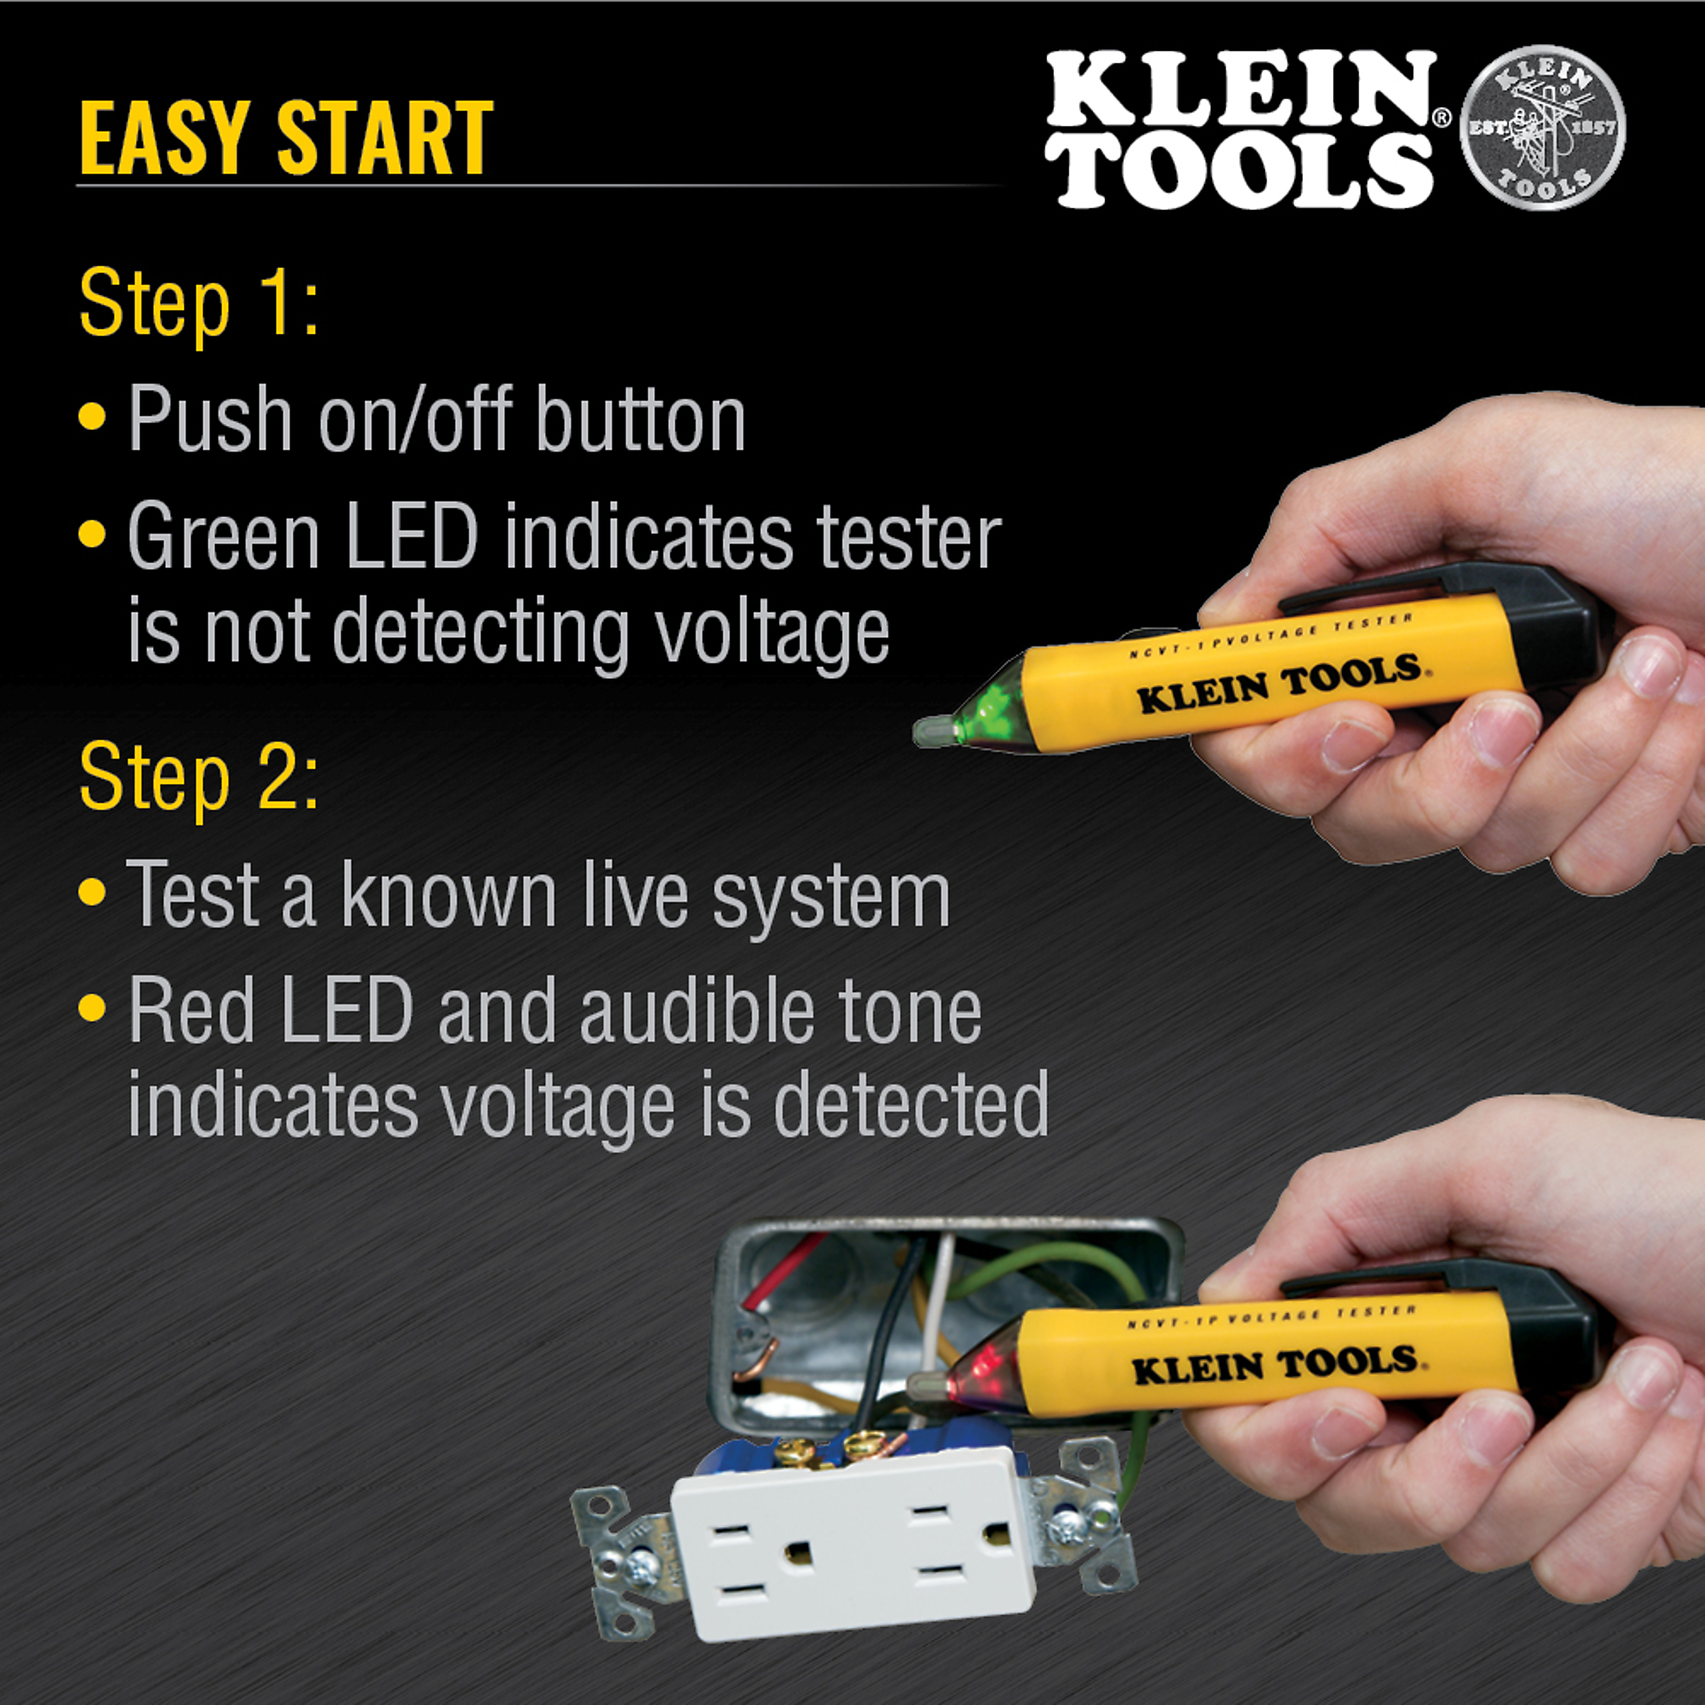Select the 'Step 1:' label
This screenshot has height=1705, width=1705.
pos(199,303)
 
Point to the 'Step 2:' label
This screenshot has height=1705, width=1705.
pos(199,777)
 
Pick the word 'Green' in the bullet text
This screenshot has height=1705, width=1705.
pos(223,536)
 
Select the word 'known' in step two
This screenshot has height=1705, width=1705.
pos(448,895)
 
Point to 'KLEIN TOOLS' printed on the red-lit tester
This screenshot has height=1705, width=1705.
pos(1274,1365)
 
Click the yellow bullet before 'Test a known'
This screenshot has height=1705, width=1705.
pos(92,892)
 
